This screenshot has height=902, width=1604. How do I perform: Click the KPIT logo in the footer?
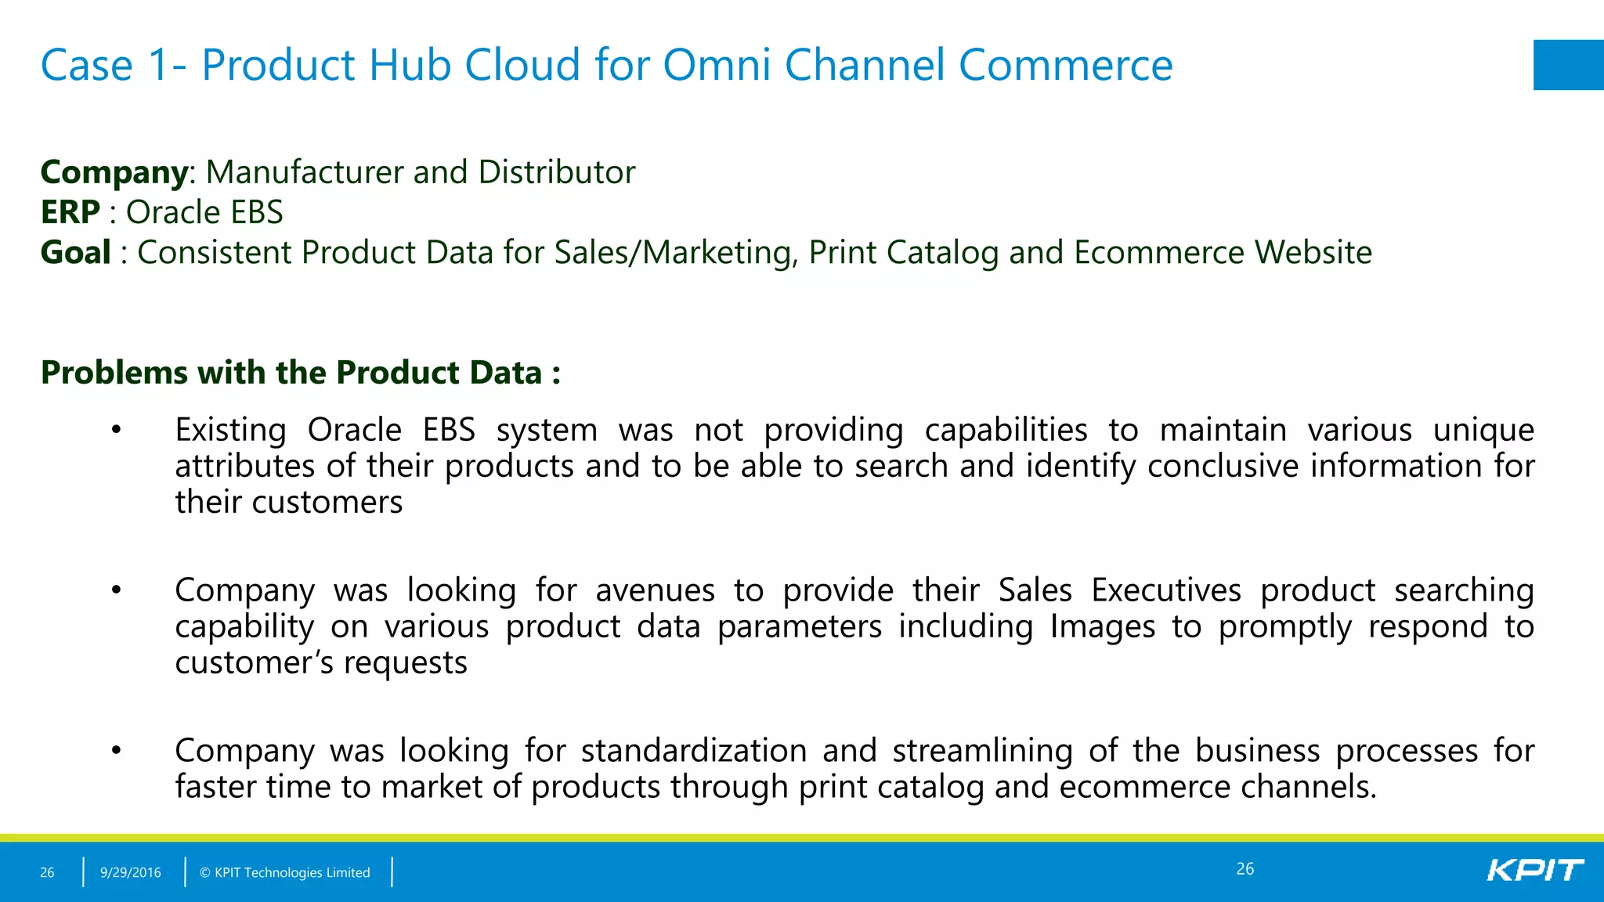tap(1534, 870)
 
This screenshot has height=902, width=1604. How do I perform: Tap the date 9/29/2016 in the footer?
tap(130, 872)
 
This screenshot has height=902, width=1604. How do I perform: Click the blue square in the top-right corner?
tap(1568, 65)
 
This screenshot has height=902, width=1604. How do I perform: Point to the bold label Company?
tap(114, 172)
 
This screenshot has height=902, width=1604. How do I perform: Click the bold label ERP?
tap(70, 212)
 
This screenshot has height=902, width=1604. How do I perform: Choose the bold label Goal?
tap(75, 252)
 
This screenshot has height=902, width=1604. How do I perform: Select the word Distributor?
tap(556, 172)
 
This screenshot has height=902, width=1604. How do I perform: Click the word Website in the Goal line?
tap(1313, 252)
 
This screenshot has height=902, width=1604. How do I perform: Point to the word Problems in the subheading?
tap(114, 373)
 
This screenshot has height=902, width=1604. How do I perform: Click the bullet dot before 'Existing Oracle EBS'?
tap(117, 430)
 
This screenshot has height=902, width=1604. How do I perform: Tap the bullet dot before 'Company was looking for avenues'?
tap(117, 590)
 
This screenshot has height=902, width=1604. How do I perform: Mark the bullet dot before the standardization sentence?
tap(117, 750)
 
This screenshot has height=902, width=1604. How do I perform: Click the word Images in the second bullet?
tap(1102, 626)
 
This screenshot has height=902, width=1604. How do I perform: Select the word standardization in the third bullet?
tap(693, 750)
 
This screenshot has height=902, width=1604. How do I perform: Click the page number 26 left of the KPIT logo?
tap(1245, 868)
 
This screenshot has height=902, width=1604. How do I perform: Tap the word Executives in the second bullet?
tap(1165, 590)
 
